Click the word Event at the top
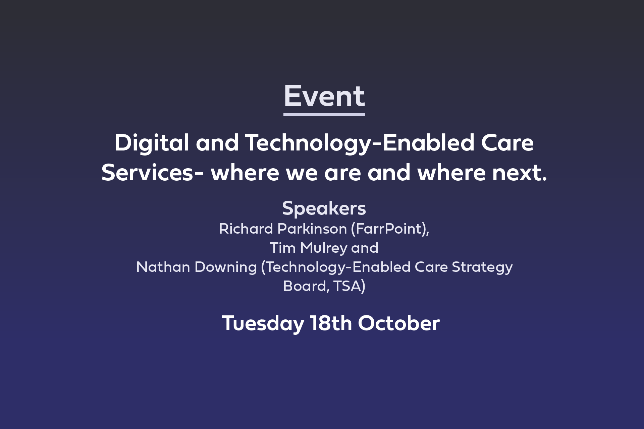324,96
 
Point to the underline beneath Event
324,115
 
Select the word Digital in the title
152,143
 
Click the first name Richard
246,229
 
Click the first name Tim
283,248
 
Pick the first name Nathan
163,267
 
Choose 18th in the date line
331,323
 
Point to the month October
399,323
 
